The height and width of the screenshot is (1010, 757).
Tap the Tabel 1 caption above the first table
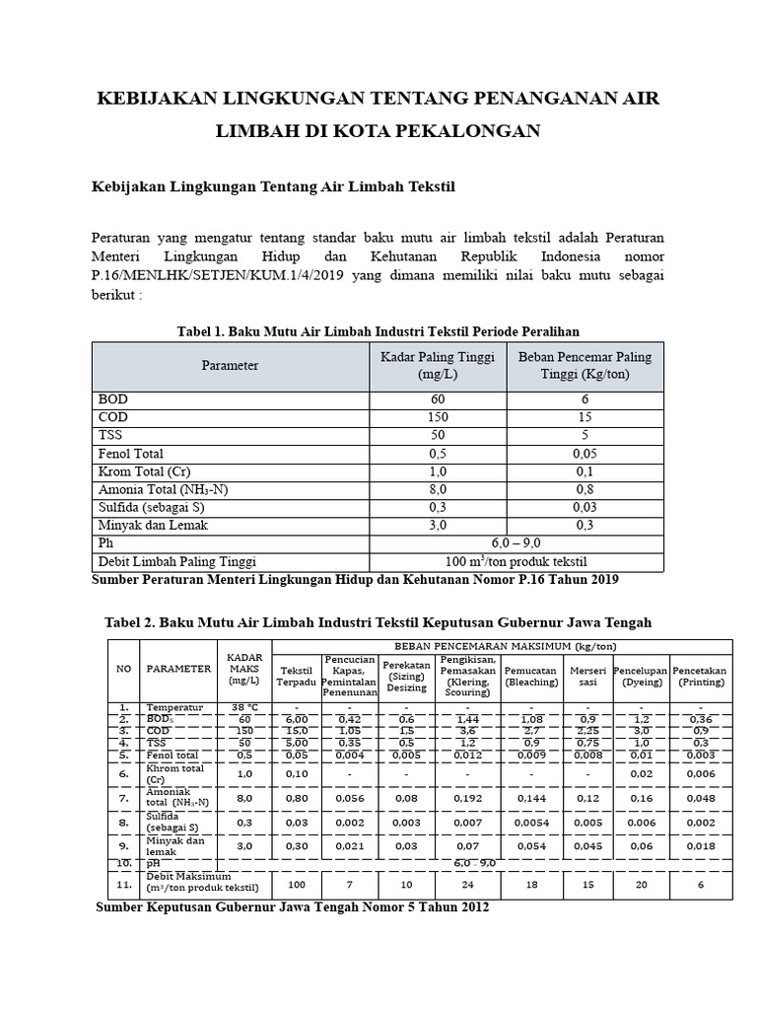tap(378, 329)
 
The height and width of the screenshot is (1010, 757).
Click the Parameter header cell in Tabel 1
tap(230, 365)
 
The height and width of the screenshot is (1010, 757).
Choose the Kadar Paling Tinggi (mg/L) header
tap(438, 365)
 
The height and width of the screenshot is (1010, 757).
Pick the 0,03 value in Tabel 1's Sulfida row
tap(585, 507)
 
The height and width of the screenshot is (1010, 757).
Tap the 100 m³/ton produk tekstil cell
tap(516, 561)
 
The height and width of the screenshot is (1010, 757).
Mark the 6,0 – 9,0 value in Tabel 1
tap(516, 543)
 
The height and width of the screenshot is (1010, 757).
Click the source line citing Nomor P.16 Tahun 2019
tap(355, 580)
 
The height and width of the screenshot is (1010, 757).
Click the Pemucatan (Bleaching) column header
tap(531, 676)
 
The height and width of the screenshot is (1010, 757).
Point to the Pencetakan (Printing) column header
tap(699, 676)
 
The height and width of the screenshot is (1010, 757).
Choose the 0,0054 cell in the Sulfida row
tap(531, 821)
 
